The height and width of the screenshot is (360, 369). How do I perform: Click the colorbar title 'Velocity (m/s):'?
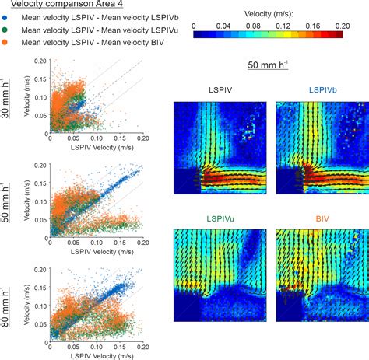272,14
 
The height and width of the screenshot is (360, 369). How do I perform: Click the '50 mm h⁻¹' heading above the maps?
272,65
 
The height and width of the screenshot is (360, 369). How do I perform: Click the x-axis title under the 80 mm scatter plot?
96,355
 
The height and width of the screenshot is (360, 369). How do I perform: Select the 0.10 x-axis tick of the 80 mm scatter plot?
96,344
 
